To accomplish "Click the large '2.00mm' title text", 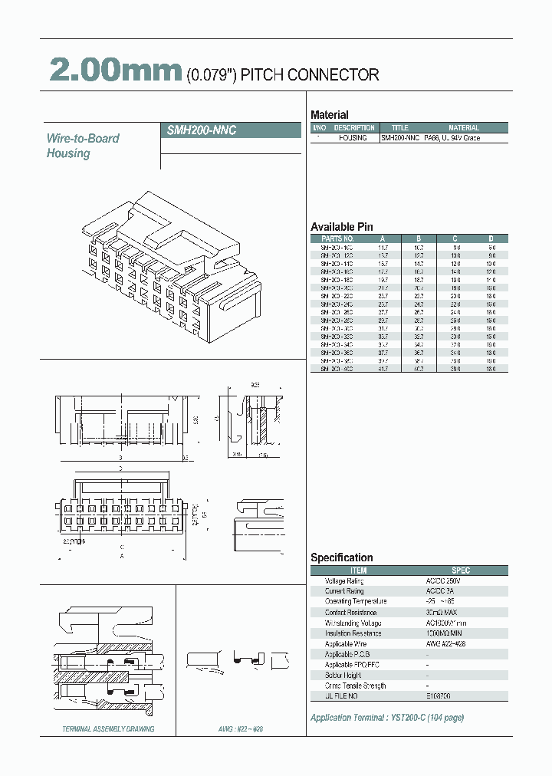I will click(x=115, y=71).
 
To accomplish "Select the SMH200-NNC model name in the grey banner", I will click(x=202, y=130).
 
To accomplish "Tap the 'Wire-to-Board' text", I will click(x=83, y=138).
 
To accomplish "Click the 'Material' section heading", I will click(x=329, y=115).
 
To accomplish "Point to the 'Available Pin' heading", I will click(x=341, y=227).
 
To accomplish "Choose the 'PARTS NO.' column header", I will click(x=337, y=238).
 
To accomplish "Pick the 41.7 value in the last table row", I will click(x=383, y=369).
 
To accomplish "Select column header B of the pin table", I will click(x=419, y=238).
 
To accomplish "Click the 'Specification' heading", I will click(x=341, y=557).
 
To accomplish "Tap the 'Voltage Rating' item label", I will click(x=344, y=581).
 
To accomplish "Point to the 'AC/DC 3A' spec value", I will click(x=441, y=591).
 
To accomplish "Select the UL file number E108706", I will click(x=439, y=695).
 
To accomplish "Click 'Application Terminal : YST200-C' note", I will click(x=386, y=718).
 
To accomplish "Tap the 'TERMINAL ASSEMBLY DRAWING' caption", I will click(x=108, y=729).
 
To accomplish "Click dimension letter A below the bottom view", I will click(x=121, y=556).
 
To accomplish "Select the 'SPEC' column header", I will click(x=461, y=570).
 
